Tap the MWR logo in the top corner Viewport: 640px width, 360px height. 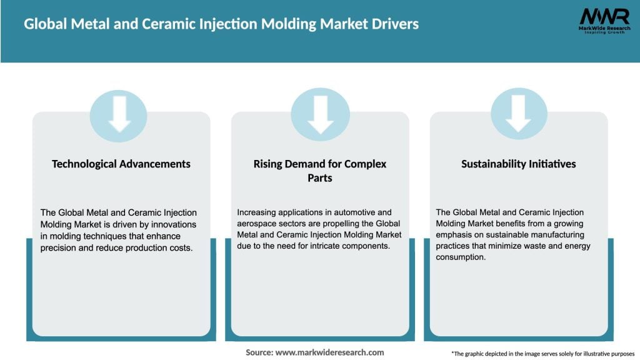tap(604, 20)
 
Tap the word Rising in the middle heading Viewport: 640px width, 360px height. tap(268, 164)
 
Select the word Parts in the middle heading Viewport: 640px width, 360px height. tap(319, 179)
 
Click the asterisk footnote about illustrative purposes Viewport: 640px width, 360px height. tap(542, 353)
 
